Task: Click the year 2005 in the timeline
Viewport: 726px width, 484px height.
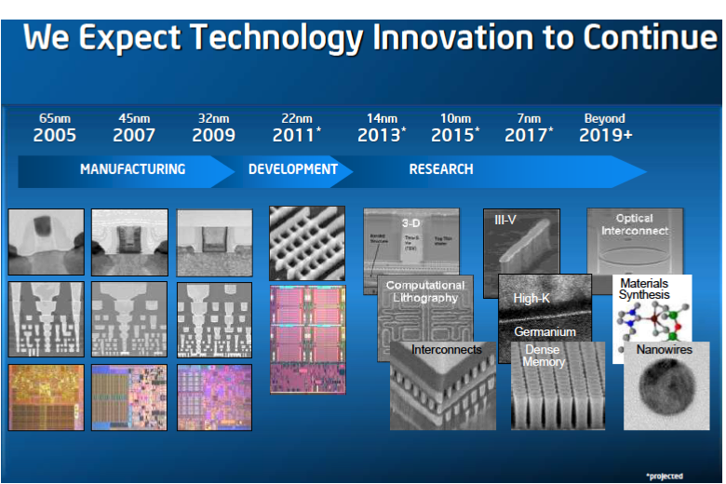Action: [54, 135]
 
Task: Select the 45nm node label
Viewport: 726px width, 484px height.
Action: [134, 118]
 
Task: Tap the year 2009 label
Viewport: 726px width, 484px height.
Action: [213, 135]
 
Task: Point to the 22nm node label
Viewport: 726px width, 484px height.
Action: [297, 118]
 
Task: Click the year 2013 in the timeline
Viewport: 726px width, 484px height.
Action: [380, 135]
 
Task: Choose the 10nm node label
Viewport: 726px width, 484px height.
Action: [455, 118]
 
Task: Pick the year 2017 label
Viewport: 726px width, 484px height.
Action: [527, 135]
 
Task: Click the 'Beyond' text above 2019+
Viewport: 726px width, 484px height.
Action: [604, 118]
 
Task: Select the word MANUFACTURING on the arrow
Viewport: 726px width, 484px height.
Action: [132, 169]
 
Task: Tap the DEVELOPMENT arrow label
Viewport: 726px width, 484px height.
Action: [292, 169]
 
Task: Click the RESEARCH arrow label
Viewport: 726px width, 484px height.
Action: [441, 169]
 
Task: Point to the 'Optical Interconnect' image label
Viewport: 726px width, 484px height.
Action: [634, 224]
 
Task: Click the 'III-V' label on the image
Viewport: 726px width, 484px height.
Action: [506, 221]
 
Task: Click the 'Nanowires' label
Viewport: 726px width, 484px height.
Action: [664, 350]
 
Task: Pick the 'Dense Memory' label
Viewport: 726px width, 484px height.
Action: [544, 356]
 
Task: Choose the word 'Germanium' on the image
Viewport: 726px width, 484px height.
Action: [544, 331]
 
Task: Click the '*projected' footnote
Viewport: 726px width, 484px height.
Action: [665, 475]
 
